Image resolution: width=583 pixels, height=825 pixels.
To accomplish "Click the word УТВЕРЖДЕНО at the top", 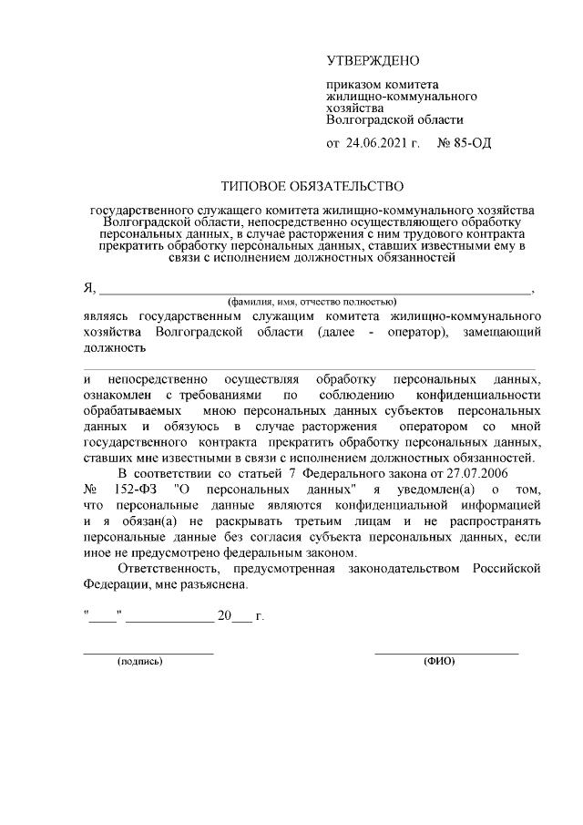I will point(373,62).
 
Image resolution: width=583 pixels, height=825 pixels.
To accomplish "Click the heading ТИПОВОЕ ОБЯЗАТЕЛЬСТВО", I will point(312,187).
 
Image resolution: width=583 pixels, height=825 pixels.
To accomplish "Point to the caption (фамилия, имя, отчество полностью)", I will point(312,301).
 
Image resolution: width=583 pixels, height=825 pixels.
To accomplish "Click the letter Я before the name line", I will point(88,289).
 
